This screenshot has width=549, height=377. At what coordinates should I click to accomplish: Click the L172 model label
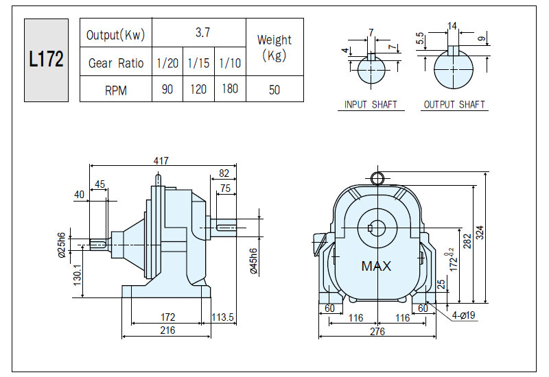point(46,60)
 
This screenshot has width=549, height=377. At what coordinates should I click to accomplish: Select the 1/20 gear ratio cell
point(167,62)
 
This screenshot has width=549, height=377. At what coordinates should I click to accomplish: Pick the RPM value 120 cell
point(198,89)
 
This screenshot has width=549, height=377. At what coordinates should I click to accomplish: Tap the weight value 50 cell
point(274,90)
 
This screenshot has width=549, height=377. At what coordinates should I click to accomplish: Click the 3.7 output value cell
point(199,32)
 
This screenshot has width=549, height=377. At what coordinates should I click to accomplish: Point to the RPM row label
point(116,90)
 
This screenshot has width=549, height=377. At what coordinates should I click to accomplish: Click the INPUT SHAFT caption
point(371,105)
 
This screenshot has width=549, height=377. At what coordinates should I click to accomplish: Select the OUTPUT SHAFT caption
point(454,105)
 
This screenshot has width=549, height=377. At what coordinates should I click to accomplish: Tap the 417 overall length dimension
point(161,160)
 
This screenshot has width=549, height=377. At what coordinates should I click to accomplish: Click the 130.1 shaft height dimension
point(77,275)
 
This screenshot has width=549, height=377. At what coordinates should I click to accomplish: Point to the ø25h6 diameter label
point(62,245)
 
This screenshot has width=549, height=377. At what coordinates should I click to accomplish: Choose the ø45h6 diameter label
point(254,261)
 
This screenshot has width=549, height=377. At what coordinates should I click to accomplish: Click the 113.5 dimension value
point(222,317)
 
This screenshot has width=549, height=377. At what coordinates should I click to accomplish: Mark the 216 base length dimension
point(167,330)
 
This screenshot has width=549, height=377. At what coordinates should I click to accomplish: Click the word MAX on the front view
point(376,266)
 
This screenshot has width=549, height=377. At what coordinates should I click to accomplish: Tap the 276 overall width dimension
point(377,331)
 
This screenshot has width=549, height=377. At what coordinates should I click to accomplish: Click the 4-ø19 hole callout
point(464,315)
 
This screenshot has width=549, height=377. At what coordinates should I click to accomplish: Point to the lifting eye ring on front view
point(377,178)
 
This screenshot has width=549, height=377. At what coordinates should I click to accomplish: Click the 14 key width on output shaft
point(452,26)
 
